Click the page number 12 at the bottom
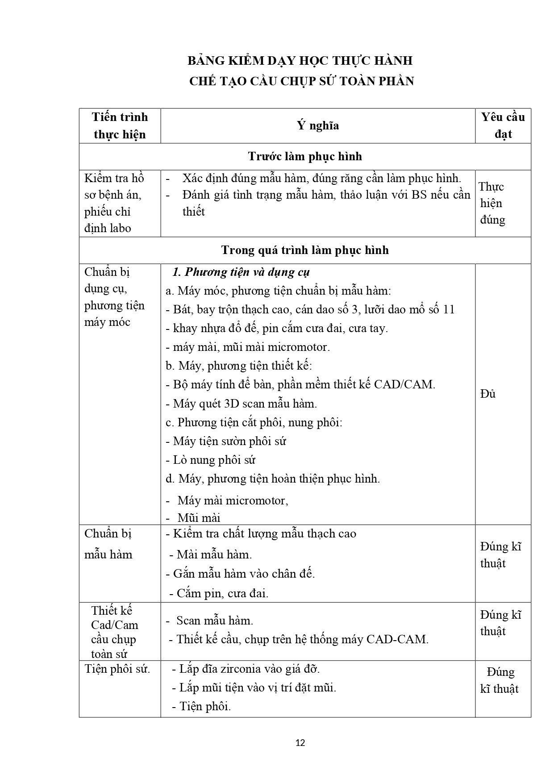300,743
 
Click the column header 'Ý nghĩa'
318,125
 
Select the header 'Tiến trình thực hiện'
120,125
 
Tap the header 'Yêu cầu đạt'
503,125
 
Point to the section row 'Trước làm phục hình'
305,156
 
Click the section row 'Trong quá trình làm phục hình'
305,250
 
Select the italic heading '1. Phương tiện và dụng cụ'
241,272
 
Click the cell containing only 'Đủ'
488,394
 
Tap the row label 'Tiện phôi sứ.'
117,669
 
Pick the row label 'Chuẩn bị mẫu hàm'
108,544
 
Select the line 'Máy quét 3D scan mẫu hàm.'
241,404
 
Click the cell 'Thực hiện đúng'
492,203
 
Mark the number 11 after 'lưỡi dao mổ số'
448,309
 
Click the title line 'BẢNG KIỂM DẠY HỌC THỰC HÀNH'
300,61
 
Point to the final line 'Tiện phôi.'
204,706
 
